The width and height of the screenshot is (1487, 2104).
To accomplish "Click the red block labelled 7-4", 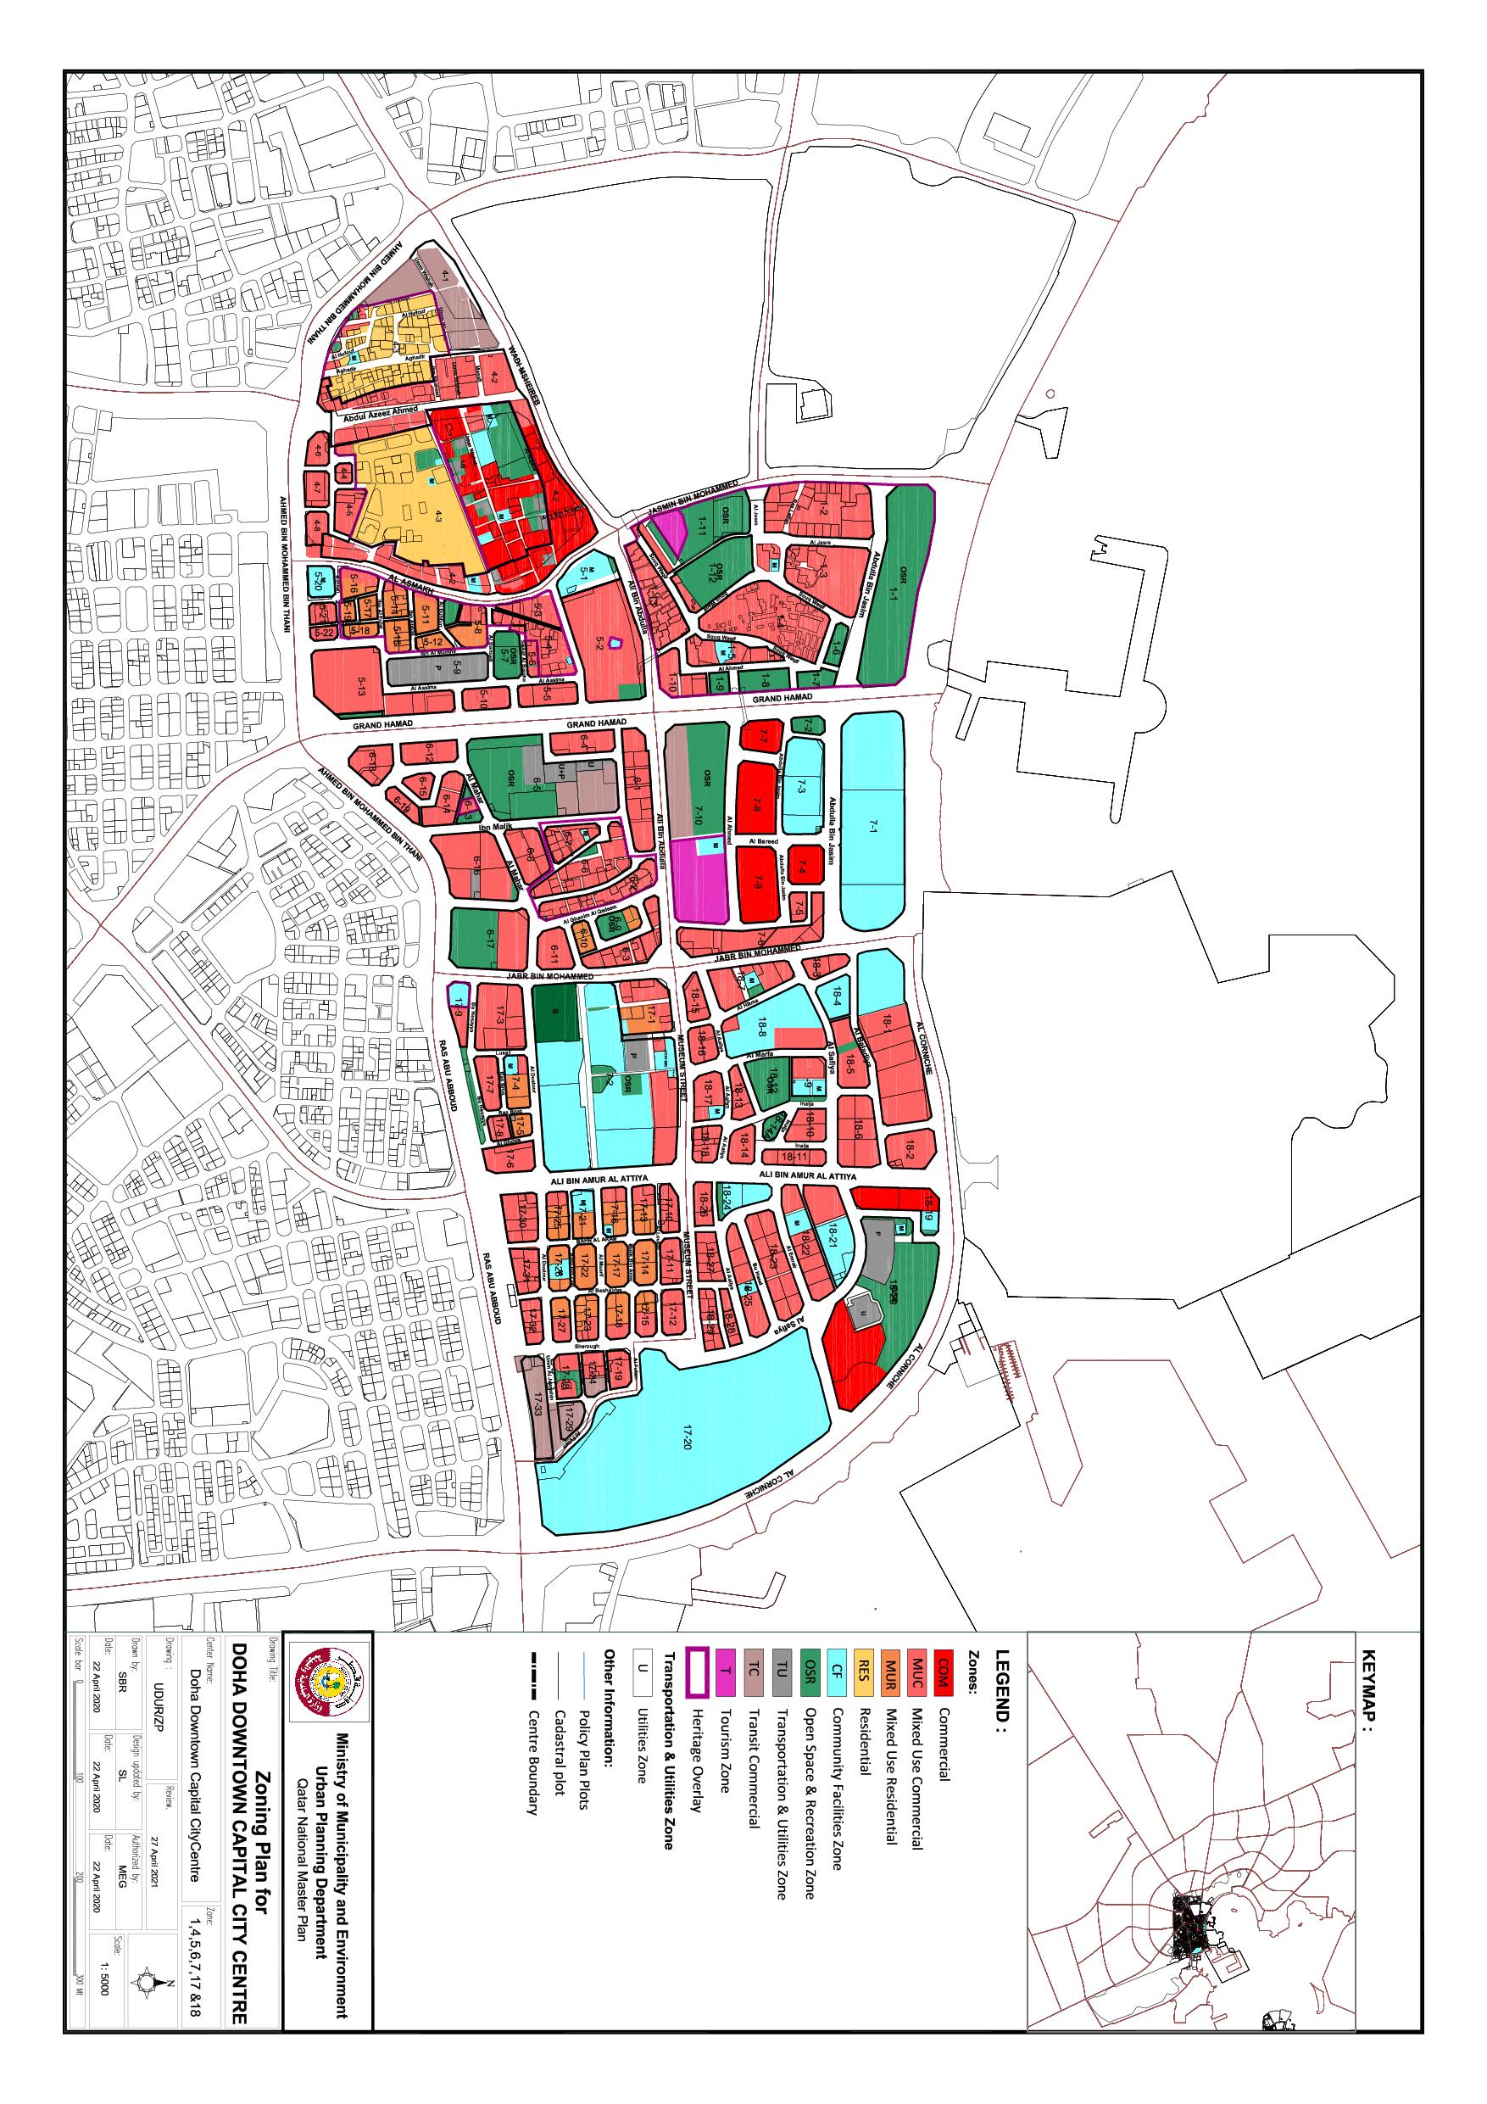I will click(802, 867).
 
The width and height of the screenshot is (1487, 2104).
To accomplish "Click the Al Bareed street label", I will click(762, 840).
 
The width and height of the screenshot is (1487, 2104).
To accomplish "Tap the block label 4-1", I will click(446, 273).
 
